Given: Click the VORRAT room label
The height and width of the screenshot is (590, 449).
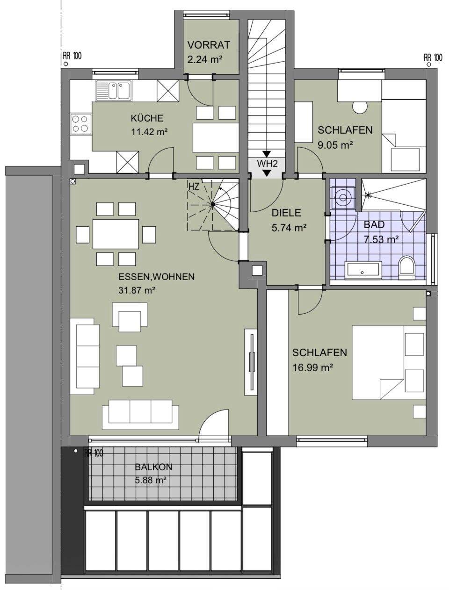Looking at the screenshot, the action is [x=209, y=45].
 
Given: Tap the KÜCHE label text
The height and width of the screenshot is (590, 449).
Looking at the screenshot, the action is [x=147, y=118].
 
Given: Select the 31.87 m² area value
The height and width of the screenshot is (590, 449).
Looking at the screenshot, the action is [x=137, y=290].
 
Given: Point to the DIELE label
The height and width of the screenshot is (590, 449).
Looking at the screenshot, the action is [x=286, y=213].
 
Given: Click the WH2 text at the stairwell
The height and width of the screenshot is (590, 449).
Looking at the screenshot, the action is [x=267, y=163].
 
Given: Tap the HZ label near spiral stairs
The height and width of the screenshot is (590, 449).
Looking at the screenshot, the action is [x=194, y=187].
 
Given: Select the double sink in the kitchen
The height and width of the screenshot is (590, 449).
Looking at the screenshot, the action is [x=113, y=91].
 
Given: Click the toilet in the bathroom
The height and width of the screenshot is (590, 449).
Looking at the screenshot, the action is [x=407, y=267].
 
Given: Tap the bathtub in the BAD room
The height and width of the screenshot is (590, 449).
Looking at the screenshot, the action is [x=363, y=272].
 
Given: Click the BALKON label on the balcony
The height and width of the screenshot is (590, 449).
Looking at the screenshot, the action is [x=153, y=467].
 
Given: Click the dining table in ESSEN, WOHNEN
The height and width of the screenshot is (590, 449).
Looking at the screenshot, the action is [x=116, y=234].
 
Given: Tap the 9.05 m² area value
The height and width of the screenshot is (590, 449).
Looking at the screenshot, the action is [x=335, y=145].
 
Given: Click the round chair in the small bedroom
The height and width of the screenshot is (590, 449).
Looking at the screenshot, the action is [x=360, y=108].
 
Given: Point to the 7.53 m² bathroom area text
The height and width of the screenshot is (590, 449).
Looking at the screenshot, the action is [x=381, y=239].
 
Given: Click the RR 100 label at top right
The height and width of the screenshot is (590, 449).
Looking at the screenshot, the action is [x=433, y=57].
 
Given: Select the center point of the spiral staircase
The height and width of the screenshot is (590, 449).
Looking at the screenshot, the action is [x=213, y=205].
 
